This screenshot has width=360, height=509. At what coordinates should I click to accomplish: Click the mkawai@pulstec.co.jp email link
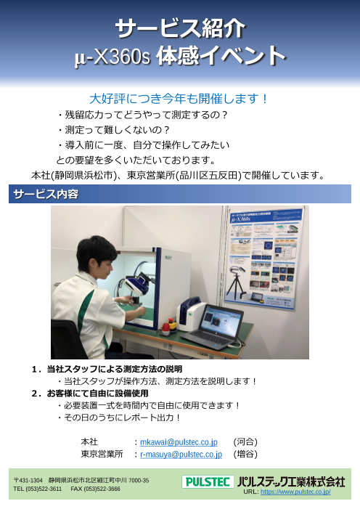(x=179, y=442)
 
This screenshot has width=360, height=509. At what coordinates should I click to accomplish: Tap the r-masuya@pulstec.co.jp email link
(x=181, y=454)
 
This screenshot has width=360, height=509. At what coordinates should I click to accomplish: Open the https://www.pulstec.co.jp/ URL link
(x=295, y=492)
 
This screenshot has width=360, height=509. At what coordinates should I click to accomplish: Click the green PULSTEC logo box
(x=208, y=481)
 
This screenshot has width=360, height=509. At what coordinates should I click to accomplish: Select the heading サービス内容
(x=46, y=194)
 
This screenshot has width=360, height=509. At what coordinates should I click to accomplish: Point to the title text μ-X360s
(x=112, y=57)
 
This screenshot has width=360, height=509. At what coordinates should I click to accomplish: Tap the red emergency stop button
(x=166, y=327)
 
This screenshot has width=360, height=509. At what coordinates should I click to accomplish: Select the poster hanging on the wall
(x=263, y=257)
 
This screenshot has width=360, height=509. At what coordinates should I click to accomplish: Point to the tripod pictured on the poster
(x=237, y=285)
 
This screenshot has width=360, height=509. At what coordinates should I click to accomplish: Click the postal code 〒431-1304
(x=28, y=481)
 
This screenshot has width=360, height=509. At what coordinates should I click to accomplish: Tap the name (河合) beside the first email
(x=245, y=441)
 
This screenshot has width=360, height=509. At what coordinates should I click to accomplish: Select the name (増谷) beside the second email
(x=245, y=454)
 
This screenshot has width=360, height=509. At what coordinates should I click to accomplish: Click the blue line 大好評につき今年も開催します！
(x=179, y=99)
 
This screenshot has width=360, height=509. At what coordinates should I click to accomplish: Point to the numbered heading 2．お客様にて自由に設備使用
(x=90, y=393)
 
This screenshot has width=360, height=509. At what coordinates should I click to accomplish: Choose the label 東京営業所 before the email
(x=102, y=454)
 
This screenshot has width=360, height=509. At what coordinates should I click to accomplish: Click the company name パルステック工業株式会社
(x=291, y=481)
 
